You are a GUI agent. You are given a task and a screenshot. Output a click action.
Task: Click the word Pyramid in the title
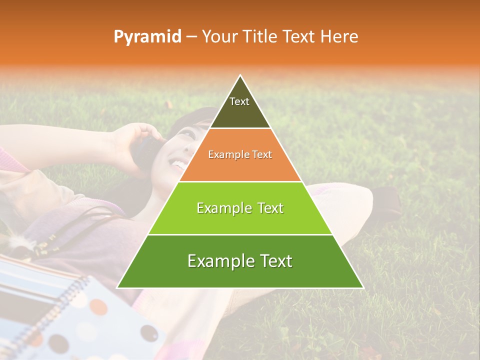pyautogui.click(x=147, y=37)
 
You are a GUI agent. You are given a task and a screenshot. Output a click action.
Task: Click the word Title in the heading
pyautogui.click(x=261, y=36)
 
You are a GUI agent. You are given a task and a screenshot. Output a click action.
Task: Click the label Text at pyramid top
pyautogui.click(x=239, y=101)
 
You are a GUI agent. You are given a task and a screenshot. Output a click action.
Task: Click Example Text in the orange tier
pyautogui.click(x=240, y=154)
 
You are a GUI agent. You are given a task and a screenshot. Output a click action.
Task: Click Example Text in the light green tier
pyautogui.click(x=240, y=208)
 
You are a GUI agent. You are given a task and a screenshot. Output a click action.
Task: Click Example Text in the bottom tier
pyautogui.click(x=240, y=261)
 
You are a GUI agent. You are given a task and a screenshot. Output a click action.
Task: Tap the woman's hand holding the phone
pyautogui.click(x=131, y=142)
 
